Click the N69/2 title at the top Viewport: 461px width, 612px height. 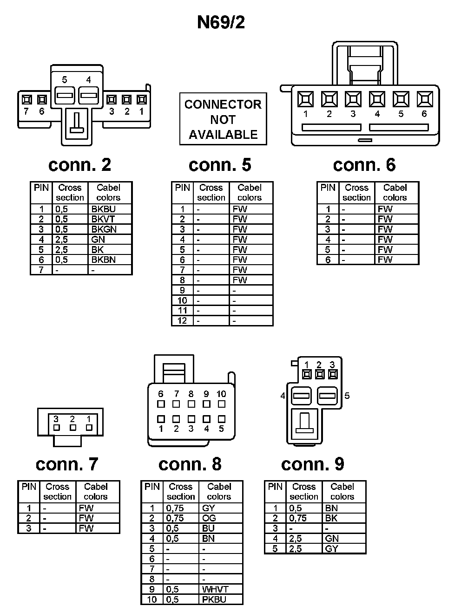click(221, 22)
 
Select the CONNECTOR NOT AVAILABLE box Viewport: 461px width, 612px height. click(223, 119)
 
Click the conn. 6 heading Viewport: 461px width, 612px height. click(364, 165)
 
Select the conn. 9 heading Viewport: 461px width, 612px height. click(313, 464)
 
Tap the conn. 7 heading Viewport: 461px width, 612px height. click(67, 464)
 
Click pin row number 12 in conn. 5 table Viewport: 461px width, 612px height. click(182, 321)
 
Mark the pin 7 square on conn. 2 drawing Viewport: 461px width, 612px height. click(26, 99)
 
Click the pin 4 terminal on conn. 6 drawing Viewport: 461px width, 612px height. click(377, 99)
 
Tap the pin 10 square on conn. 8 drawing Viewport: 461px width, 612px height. click(222, 404)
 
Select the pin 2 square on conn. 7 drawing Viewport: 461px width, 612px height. click(72, 427)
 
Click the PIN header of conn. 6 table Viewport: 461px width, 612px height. click(328, 188)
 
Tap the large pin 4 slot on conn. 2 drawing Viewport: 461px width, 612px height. click(88, 96)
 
